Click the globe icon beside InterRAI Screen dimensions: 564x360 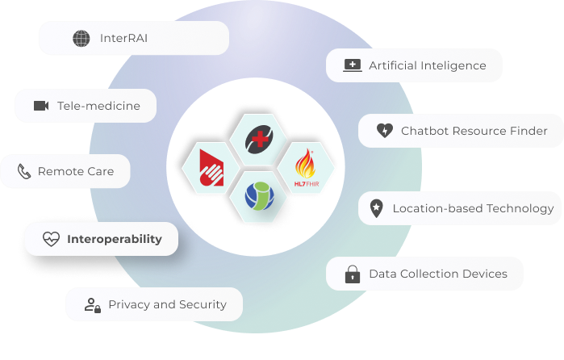pos(81,38)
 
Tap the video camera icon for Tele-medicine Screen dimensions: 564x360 pos(41,106)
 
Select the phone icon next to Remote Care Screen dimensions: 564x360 pos(24,171)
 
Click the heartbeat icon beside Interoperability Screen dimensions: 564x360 pos(51,239)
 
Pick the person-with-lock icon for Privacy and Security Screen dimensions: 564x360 pos(93,305)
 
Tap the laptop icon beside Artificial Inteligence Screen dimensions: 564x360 pos(352,65)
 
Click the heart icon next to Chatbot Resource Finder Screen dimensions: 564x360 pos(385,130)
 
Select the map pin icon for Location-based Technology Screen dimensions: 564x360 pos(376,208)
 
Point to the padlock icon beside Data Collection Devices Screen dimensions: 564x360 pos(353,274)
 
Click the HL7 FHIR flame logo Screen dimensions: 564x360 pos(306,168)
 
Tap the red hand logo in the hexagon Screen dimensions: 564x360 pos(211,168)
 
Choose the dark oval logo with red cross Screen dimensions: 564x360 pos(259,140)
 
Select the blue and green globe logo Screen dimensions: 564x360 pos(260,196)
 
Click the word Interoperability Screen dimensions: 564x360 pos(115,239)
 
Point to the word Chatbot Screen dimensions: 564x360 pos(424,131)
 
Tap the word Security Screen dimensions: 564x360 pos(203,305)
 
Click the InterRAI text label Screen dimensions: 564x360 pos(123,38)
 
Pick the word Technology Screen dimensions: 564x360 pos(520,209)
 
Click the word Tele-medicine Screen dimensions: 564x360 pos(98,106)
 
